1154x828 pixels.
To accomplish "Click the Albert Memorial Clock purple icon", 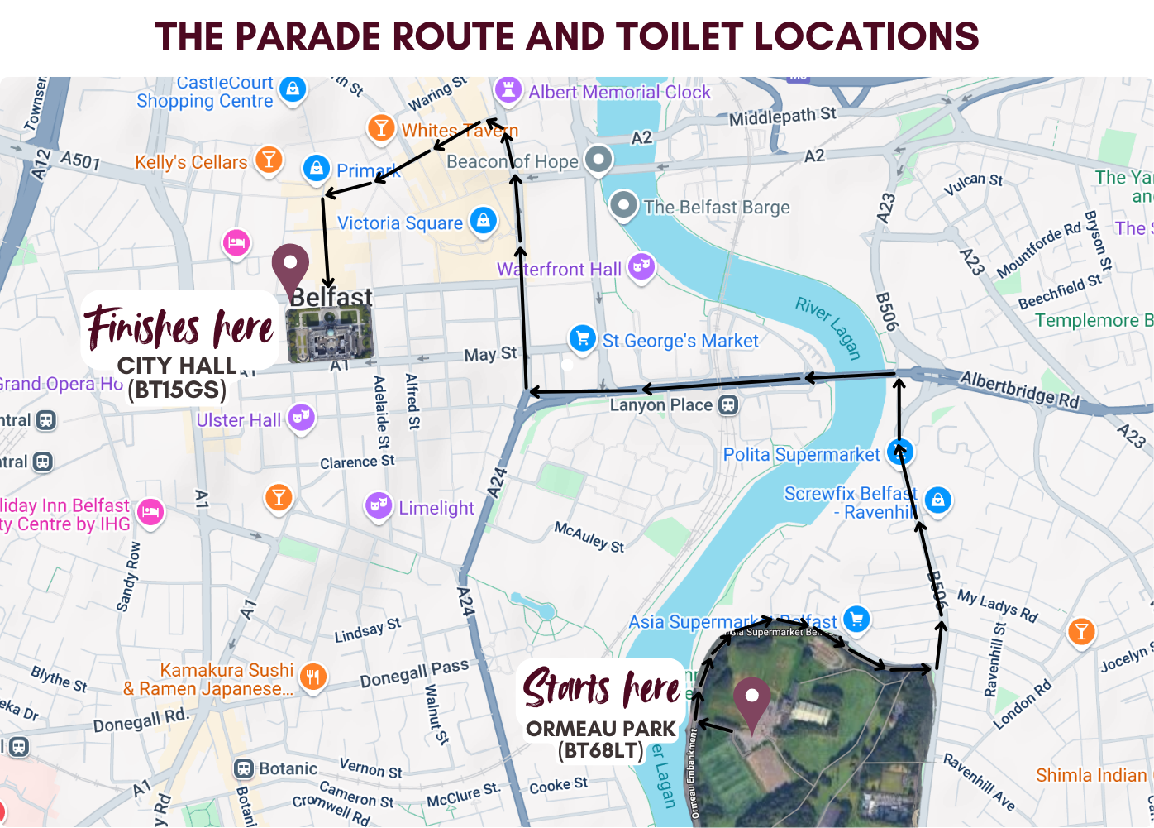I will (x=508, y=89).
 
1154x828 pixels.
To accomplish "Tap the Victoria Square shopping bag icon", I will (x=483, y=220).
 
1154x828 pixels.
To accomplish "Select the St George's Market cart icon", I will (x=583, y=337).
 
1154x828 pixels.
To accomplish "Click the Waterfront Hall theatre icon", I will (x=641, y=266).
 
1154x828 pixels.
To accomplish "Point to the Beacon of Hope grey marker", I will (x=598, y=159).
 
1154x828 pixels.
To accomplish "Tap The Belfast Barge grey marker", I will (x=624, y=204).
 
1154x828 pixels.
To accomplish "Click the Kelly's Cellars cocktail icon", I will (x=269, y=159).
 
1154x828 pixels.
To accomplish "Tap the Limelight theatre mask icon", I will (x=378, y=505).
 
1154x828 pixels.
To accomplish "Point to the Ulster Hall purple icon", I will (x=302, y=419).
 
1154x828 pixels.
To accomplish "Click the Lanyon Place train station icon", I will (x=728, y=404).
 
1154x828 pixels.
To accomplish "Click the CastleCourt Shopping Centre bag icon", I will (x=292, y=89).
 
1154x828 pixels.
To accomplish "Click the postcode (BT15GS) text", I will (x=177, y=389).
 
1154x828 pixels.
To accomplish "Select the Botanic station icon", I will (x=244, y=768).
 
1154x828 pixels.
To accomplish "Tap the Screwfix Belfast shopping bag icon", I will (x=937, y=500).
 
